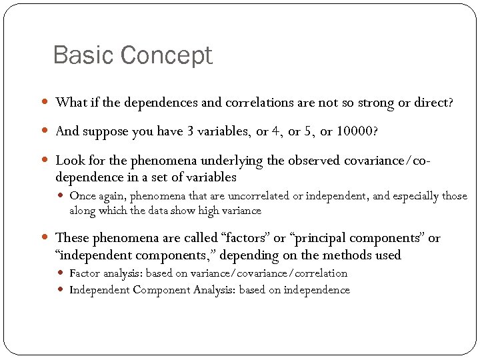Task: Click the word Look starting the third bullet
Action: click(x=69, y=160)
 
